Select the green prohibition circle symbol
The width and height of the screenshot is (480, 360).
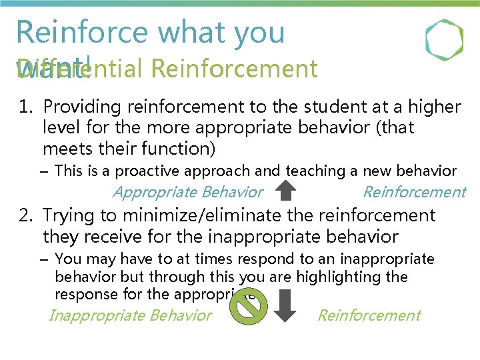pos(248,307)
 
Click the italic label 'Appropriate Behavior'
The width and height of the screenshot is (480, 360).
pos(188,193)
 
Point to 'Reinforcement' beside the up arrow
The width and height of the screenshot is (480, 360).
pos(413,193)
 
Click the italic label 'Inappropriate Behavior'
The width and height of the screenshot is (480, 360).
pos(130,315)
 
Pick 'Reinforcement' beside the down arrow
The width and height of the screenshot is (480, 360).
pos(369,315)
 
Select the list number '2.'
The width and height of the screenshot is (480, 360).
pos(27,215)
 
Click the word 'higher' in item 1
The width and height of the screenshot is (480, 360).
pos(437,107)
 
